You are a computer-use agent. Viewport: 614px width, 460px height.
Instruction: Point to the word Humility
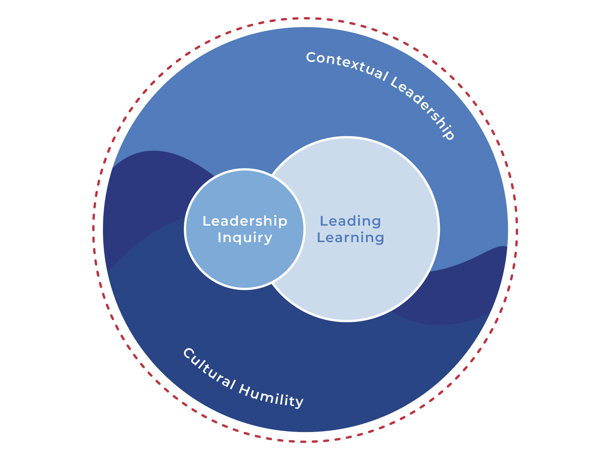pos(271,397)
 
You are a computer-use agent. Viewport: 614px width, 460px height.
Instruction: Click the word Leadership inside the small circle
pos(245,221)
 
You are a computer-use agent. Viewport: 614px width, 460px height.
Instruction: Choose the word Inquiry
pos(245,238)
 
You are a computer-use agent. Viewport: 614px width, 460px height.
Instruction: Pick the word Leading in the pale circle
pos(350,221)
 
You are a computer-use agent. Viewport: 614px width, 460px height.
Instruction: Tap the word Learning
pos(350,238)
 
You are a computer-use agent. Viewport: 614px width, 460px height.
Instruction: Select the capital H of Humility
pos(245,389)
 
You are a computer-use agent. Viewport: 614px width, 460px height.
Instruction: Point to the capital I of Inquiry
pos(219,237)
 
